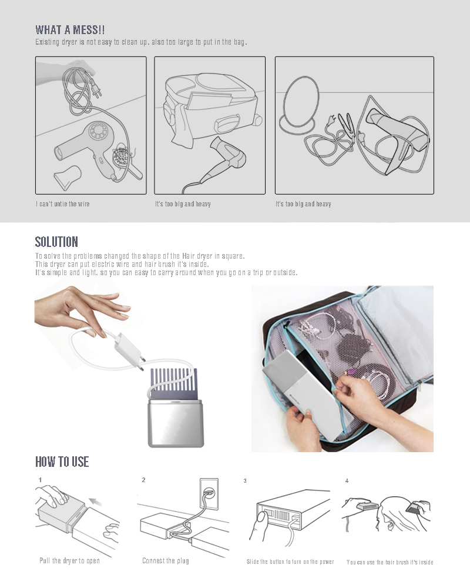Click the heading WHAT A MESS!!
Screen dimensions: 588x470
70,30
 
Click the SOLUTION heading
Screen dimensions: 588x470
56,242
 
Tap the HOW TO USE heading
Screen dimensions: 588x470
62,462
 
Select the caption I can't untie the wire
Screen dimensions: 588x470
63,204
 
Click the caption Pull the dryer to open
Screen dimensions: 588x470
69,561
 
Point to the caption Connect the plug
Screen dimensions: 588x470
166,561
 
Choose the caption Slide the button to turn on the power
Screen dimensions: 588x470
290,562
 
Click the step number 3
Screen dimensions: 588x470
245,481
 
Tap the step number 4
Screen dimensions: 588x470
347,481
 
